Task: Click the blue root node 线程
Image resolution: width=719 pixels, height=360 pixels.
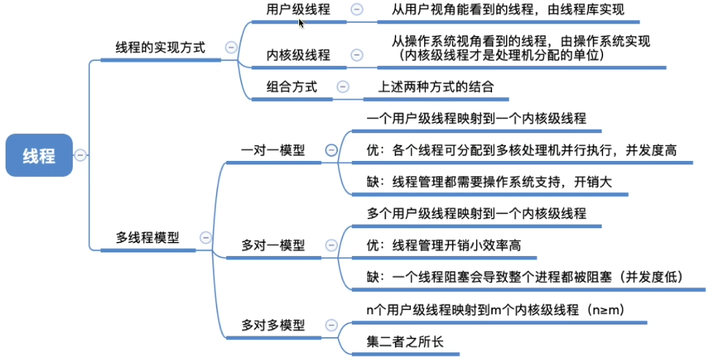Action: point(39,155)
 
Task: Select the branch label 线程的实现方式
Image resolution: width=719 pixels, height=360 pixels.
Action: point(160,48)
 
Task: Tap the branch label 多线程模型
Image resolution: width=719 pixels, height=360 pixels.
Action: point(147,238)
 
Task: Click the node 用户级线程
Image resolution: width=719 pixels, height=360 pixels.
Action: point(298,10)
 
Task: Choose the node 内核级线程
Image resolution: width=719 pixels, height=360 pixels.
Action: point(298,55)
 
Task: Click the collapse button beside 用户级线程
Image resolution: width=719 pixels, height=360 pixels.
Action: point(357,10)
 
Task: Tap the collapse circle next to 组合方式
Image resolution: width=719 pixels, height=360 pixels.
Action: point(343,87)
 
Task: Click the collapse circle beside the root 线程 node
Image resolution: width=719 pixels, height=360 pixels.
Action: point(81,155)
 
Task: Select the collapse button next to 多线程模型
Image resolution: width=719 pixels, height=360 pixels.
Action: point(205,237)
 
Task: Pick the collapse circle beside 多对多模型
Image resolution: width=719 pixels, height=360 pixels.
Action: point(331,325)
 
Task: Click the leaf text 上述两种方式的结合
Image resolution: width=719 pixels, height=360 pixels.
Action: point(436,87)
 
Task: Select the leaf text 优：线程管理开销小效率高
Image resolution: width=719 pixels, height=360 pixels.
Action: point(444,245)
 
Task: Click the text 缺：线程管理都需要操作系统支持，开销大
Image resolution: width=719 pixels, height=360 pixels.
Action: point(489,182)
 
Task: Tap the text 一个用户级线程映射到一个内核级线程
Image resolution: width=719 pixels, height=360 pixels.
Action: point(476,119)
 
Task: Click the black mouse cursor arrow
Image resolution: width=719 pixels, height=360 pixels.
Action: point(301,23)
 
